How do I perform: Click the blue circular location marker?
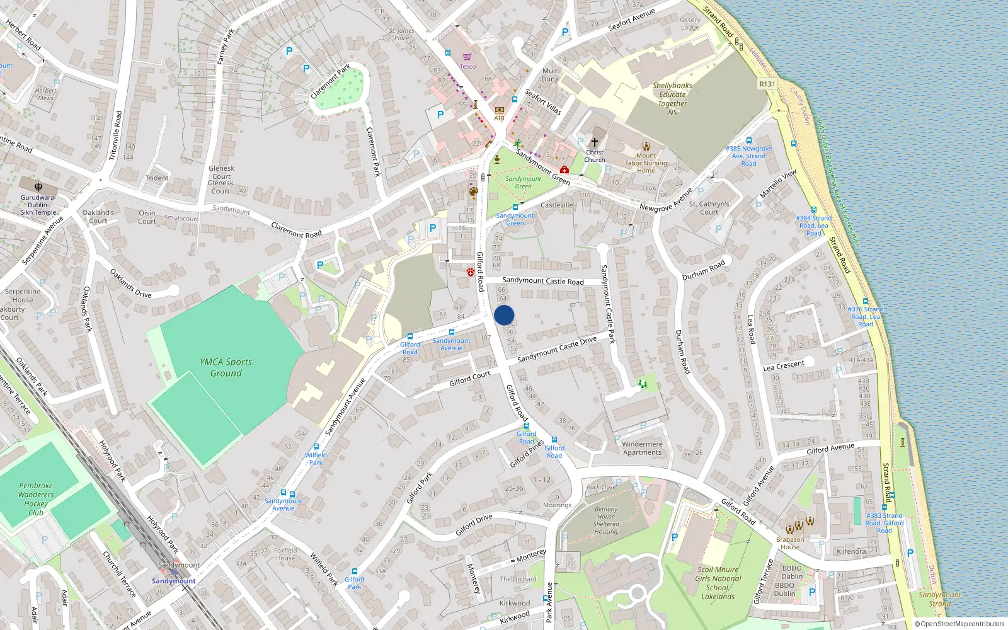[x=504, y=315]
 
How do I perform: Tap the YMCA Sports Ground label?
[x=226, y=367]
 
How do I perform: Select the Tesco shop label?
[x=467, y=66]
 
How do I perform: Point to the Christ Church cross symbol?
[x=594, y=142]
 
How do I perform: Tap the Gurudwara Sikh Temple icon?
[x=38, y=186]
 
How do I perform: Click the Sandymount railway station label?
[x=174, y=581]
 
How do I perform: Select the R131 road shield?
[x=767, y=84]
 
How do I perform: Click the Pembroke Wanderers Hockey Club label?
[x=36, y=499]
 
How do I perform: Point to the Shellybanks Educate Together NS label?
[x=672, y=99]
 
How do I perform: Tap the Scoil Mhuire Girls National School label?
[x=718, y=583]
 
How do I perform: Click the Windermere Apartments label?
[x=643, y=448]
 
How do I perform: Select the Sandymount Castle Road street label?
[x=543, y=281]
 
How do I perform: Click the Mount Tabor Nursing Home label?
[x=646, y=163]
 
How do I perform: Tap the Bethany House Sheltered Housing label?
[x=606, y=520]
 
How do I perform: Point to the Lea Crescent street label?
[x=784, y=366]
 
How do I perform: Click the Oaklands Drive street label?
[x=130, y=283]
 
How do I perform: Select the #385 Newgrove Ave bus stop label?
[x=748, y=156]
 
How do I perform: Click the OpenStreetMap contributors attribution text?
[x=959, y=624]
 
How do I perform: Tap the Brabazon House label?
[x=790, y=543]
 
